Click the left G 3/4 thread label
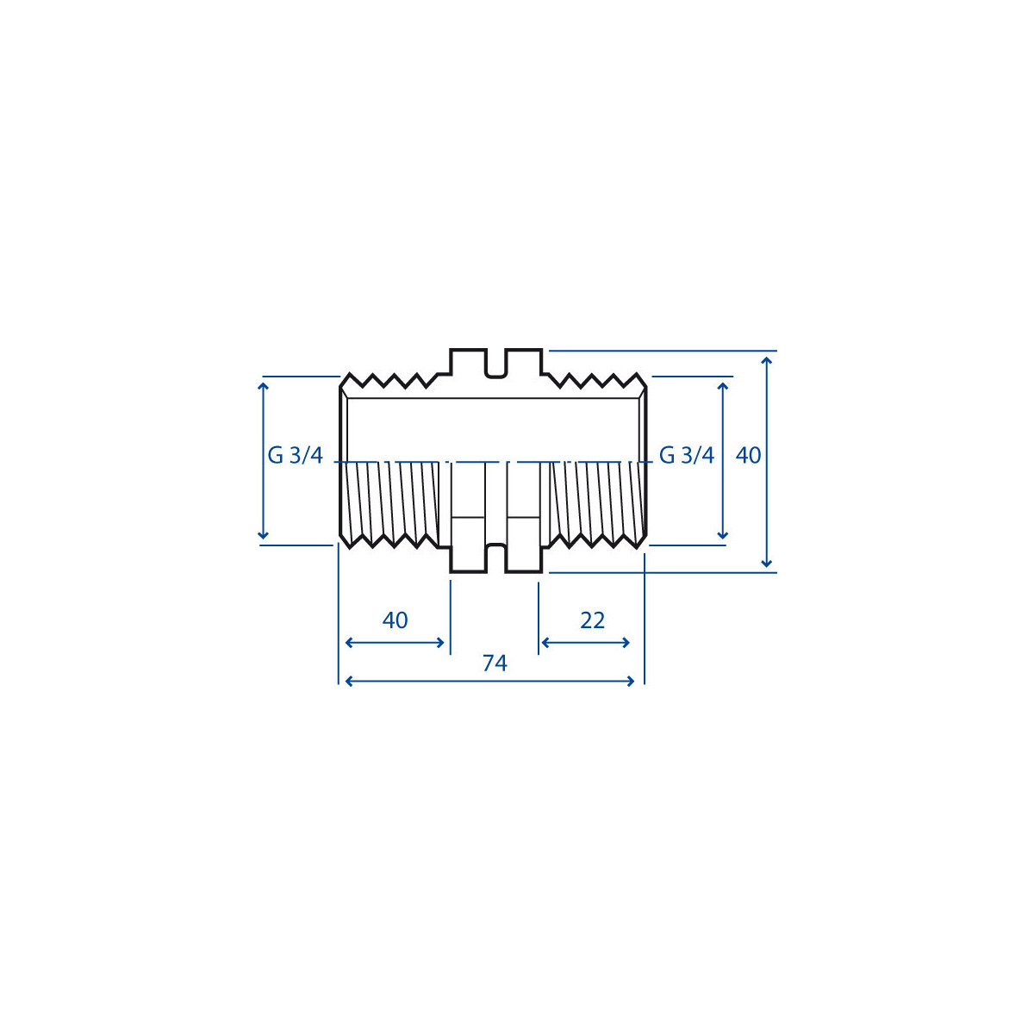(296, 456)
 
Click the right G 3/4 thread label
(686, 456)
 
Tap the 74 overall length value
(495, 663)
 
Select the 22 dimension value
(592, 620)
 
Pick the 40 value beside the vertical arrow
(748, 456)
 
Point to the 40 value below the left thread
(395, 620)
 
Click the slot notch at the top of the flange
(495, 364)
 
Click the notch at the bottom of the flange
(495, 558)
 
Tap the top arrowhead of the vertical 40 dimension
(767, 361)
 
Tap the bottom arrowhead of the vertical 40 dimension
(767, 563)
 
